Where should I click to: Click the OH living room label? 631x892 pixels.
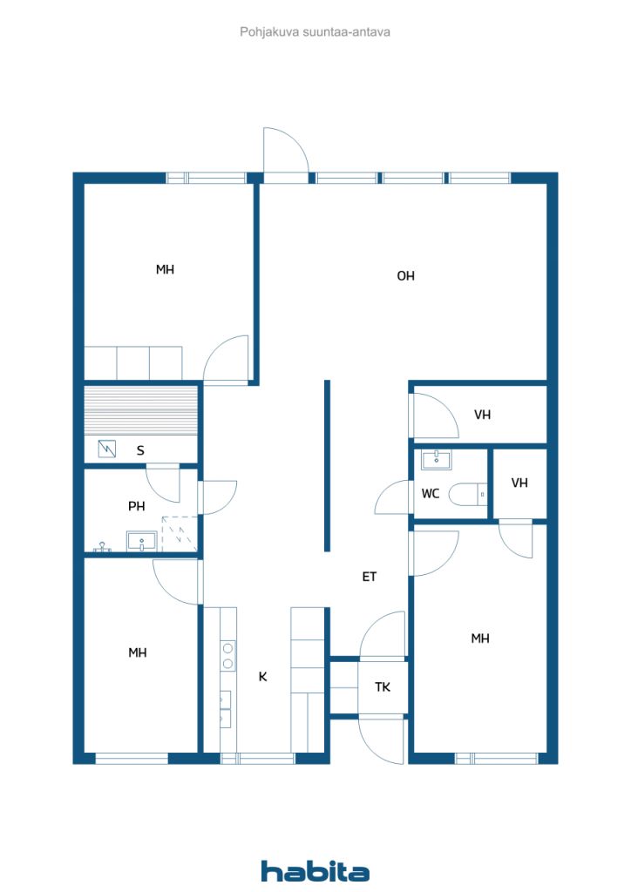pyautogui.click(x=405, y=276)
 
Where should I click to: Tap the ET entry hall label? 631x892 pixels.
pyautogui.click(x=370, y=577)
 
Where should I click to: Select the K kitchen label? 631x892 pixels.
pyautogui.click(x=263, y=676)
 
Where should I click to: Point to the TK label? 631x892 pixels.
pyautogui.click(x=383, y=687)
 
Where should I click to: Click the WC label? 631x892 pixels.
pyautogui.click(x=431, y=494)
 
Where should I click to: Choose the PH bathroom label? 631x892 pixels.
pyautogui.click(x=137, y=506)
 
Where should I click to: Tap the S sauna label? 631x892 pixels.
pyautogui.click(x=140, y=450)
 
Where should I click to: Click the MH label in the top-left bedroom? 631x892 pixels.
pyautogui.click(x=165, y=270)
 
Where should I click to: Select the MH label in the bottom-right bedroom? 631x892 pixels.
pyautogui.click(x=480, y=639)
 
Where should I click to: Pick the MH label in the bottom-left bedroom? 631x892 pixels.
pyautogui.click(x=138, y=653)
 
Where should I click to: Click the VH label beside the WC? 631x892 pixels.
pyautogui.click(x=519, y=483)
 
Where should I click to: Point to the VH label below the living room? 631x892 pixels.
pyautogui.click(x=483, y=415)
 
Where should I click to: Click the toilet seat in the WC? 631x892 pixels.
pyautogui.click(x=463, y=495)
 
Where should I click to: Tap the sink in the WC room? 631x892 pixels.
pyautogui.click(x=437, y=460)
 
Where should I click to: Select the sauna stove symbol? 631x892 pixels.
pyautogui.click(x=107, y=449)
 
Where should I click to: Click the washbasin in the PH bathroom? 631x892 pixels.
pyautogui.click(x=142, y=541)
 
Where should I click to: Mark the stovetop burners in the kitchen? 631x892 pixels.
pyautogui.click(x=228, y=655)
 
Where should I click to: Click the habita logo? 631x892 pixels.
pyautogui.click(x=315, y=871)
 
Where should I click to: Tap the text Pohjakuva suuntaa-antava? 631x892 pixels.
pyautogui.click(x=315, y=32)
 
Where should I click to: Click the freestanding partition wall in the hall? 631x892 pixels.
pyautogui.click(x=327, y=466)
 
